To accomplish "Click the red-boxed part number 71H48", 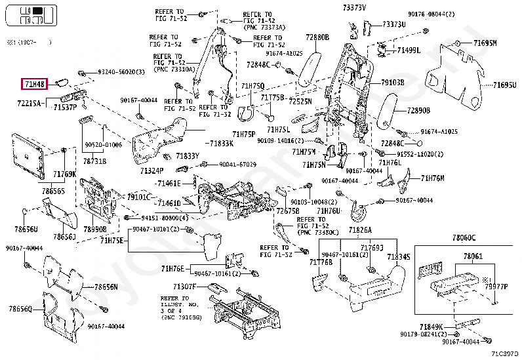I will tap(33, 83).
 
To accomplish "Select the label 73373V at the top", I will tap(354, 7).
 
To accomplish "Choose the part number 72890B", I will tap(418, 111).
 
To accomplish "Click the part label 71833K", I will tap(221, 143).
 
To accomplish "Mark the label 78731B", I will tap(94, 161).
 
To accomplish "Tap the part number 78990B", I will tap(94, 230).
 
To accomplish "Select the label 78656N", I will tap(106, 287).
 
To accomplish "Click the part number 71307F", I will tap(185, 287).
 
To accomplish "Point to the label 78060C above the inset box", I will tap(464, 236).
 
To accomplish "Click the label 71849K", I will tap(432, 326).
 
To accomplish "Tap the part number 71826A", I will tap(360, 230).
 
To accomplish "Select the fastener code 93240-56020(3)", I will tap(121, 71).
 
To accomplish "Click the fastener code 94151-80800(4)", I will tap(165, 218).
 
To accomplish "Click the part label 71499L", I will tap(409, 50).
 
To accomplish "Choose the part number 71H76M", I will tap(433, 178).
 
